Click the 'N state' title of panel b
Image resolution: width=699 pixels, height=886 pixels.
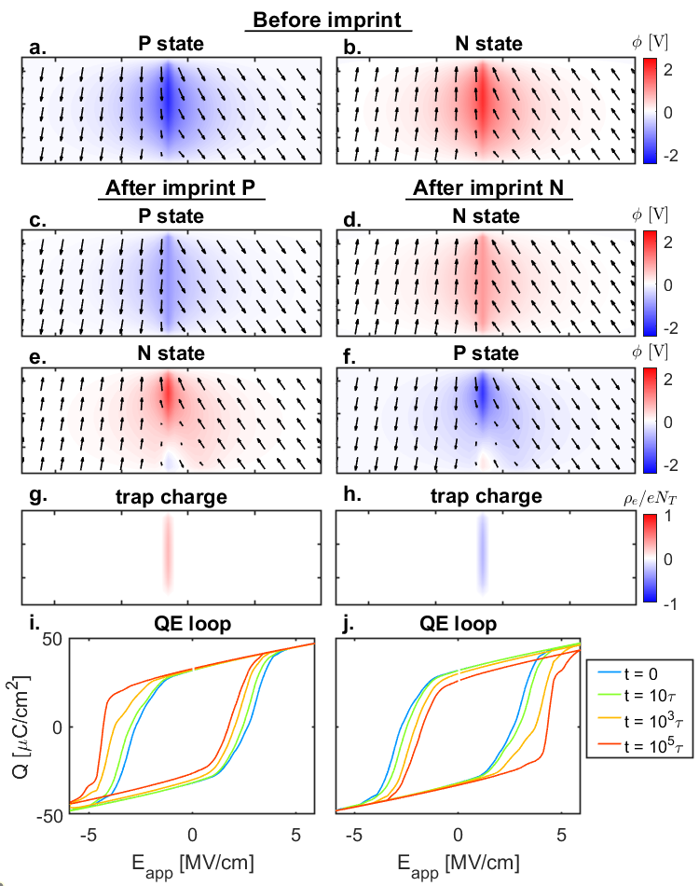tap(487, 44)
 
